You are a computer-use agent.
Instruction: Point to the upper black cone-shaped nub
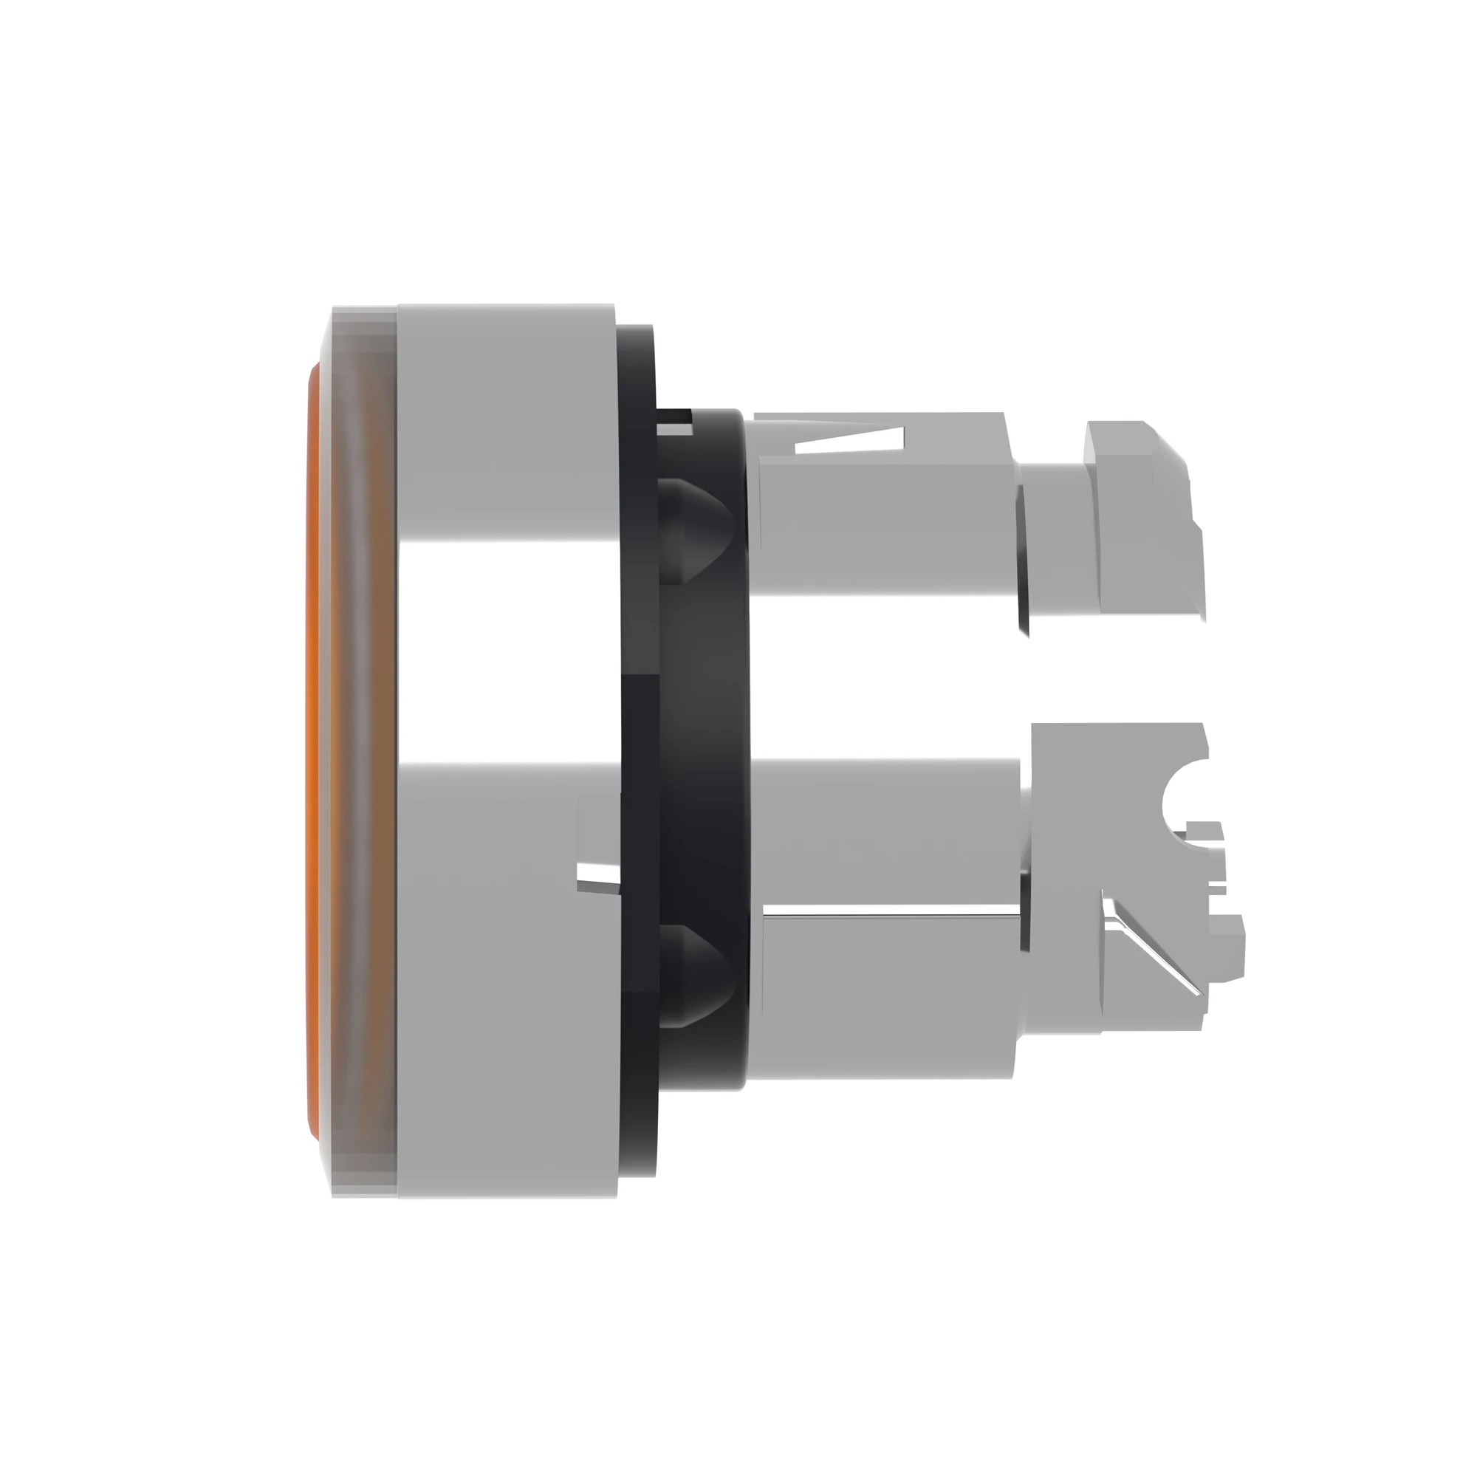696,520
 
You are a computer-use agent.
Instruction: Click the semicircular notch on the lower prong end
1181,803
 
